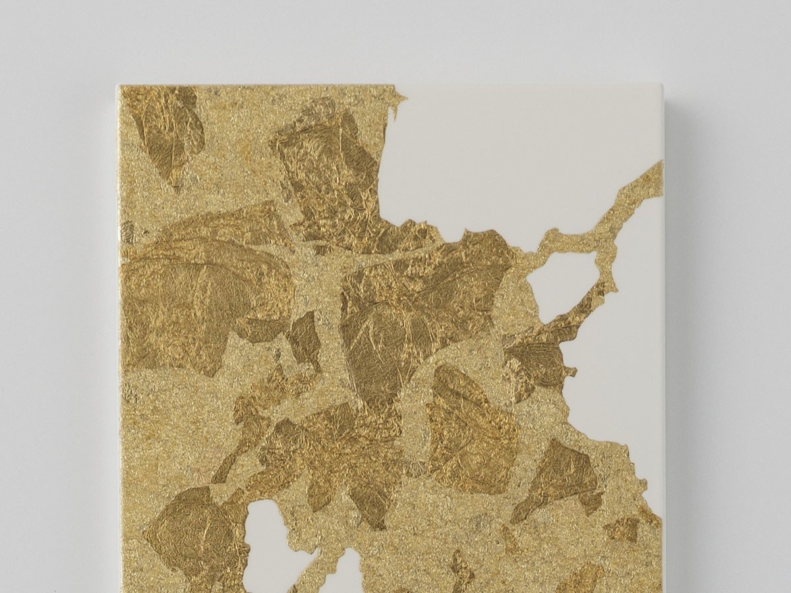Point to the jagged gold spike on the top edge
pos(397,99)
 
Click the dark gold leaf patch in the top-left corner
pos(168,128)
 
